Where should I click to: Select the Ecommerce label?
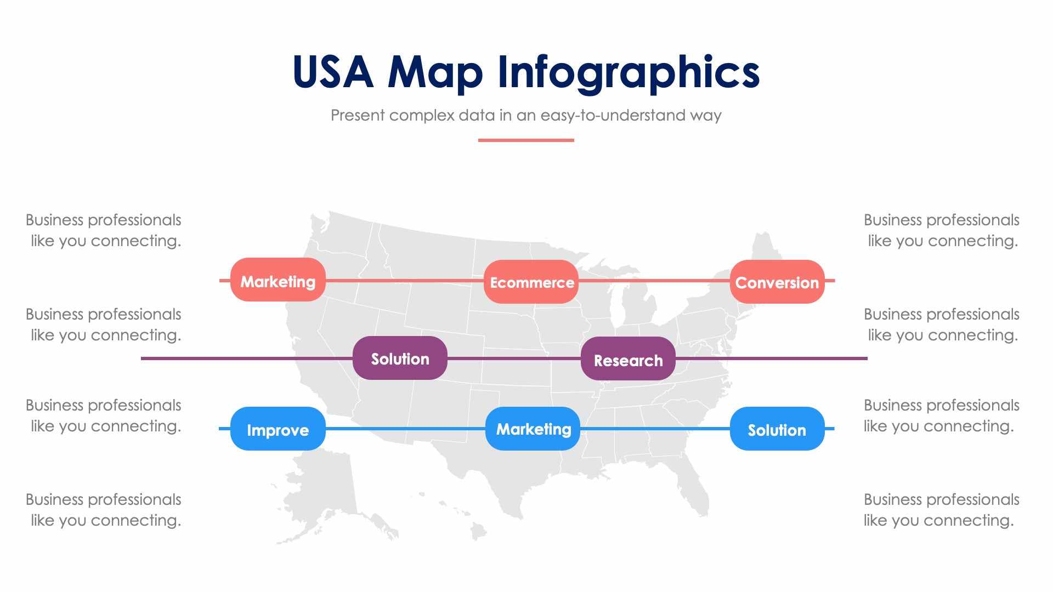tap(531, 282)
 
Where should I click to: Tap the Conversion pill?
tap(777, 282)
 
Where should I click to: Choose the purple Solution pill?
tap(400, 358)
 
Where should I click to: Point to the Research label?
tap(628, 360)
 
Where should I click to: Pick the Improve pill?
tap(278, 429)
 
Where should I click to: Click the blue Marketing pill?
tap(533, 429)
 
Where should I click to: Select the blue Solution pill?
tap(777, 429)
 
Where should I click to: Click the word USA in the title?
tap(333, 72)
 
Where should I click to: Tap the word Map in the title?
tap(435, 73)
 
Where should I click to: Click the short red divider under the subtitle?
tap(526, 140)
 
